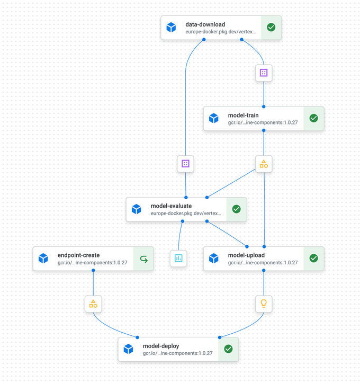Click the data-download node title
coord(205,24)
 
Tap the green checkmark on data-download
coord(271,27)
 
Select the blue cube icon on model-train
coord(213,118)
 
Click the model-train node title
coord(243,115)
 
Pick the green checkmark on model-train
coord(313,118)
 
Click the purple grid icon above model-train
coord(264,73)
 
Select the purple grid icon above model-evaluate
coord(185,164)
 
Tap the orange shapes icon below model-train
coord(264,164)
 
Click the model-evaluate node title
coord(171,206)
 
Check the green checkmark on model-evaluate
coord(236,209)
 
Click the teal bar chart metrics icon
coord(178,258)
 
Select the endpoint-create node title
coord(78,255)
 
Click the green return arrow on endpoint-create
coord(144,259)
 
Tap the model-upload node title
coord(246,255)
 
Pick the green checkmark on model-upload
coord(313,258)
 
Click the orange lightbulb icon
coord(264,304)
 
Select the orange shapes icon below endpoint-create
coord(93,304)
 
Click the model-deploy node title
coord(161,346)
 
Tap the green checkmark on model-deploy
coord(228,349)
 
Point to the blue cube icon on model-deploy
coord(128,349)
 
